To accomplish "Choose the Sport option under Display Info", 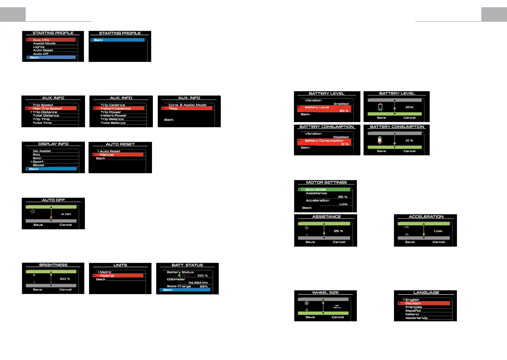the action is tap(38, 162).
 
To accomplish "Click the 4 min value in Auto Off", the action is tap(66, 214).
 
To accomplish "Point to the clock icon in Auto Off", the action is tap(33, 211).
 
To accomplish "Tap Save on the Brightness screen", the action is tap(38, 290).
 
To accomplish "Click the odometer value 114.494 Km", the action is tap(198, 283).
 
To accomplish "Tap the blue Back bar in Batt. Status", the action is tap(185, 290).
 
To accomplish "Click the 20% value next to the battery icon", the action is tap(409, 107).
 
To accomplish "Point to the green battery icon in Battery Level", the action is tap(380, 107).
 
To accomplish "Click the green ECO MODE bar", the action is tap(324, 190).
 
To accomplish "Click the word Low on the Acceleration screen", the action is tap(438, 231).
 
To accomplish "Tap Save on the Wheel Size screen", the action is tap(310, 317).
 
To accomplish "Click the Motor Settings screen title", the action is tap(326, 183).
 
